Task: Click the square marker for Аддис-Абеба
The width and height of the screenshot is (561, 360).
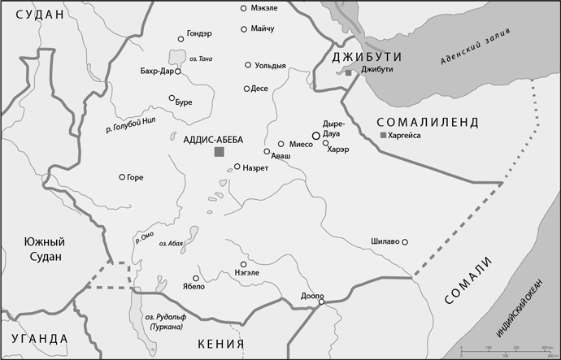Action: [x=219, y=151]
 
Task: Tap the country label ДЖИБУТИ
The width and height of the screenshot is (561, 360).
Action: [x=363, y=57]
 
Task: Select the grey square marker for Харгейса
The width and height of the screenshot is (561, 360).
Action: [x=384, y=135]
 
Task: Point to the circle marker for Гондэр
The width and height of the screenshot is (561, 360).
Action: [x=180, y=38]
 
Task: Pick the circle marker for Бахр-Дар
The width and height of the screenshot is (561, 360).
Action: [x=178, y=72]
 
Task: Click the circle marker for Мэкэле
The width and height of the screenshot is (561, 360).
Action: [x=243, y=8]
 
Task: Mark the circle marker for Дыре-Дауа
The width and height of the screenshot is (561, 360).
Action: [x=316, y=135]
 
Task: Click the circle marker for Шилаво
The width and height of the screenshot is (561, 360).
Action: [x=405, y=241]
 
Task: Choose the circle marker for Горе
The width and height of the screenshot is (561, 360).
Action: [x=122, y=177]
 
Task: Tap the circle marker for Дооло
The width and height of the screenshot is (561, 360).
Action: [x=321, y=302]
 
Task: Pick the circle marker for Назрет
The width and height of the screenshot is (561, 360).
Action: [x=237, y=167]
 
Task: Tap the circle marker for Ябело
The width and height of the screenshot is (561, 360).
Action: [x=195, y=277]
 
